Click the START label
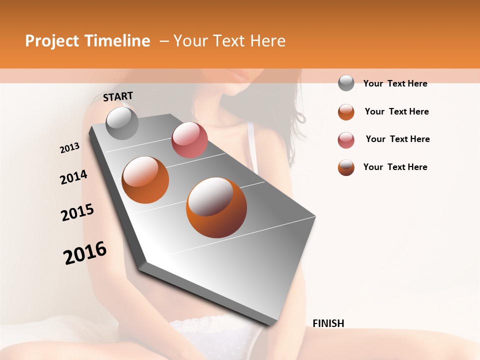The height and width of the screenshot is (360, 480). click(x=118, y=96)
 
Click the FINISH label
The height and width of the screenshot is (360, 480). click(x=328, y=323)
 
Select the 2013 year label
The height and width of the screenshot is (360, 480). click(x=69, y=148)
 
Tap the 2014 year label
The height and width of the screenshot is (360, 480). click(x=73, y=177)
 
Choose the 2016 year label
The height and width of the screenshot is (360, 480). click(x=85, y=253)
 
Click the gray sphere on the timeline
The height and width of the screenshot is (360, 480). click(x=122, y=123)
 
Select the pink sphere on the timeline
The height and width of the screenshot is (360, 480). click(x=189, y=140)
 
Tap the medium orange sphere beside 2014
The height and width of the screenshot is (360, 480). click(x=145, y=180)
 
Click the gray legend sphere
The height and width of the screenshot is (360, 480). click(x=346, y=83)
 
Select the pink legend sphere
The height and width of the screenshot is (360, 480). click(x=346, y=140)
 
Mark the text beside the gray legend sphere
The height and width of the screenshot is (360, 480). click(x=395, y=83)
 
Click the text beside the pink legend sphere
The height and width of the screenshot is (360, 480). click(x=397, y=139)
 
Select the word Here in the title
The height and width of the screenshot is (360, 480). click(x=267, y=41)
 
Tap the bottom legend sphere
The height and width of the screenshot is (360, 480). click(x=346, y=167)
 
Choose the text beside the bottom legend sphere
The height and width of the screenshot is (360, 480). click(x=395, y=167)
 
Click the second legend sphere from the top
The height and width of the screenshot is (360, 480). click(x=346, y=112)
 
